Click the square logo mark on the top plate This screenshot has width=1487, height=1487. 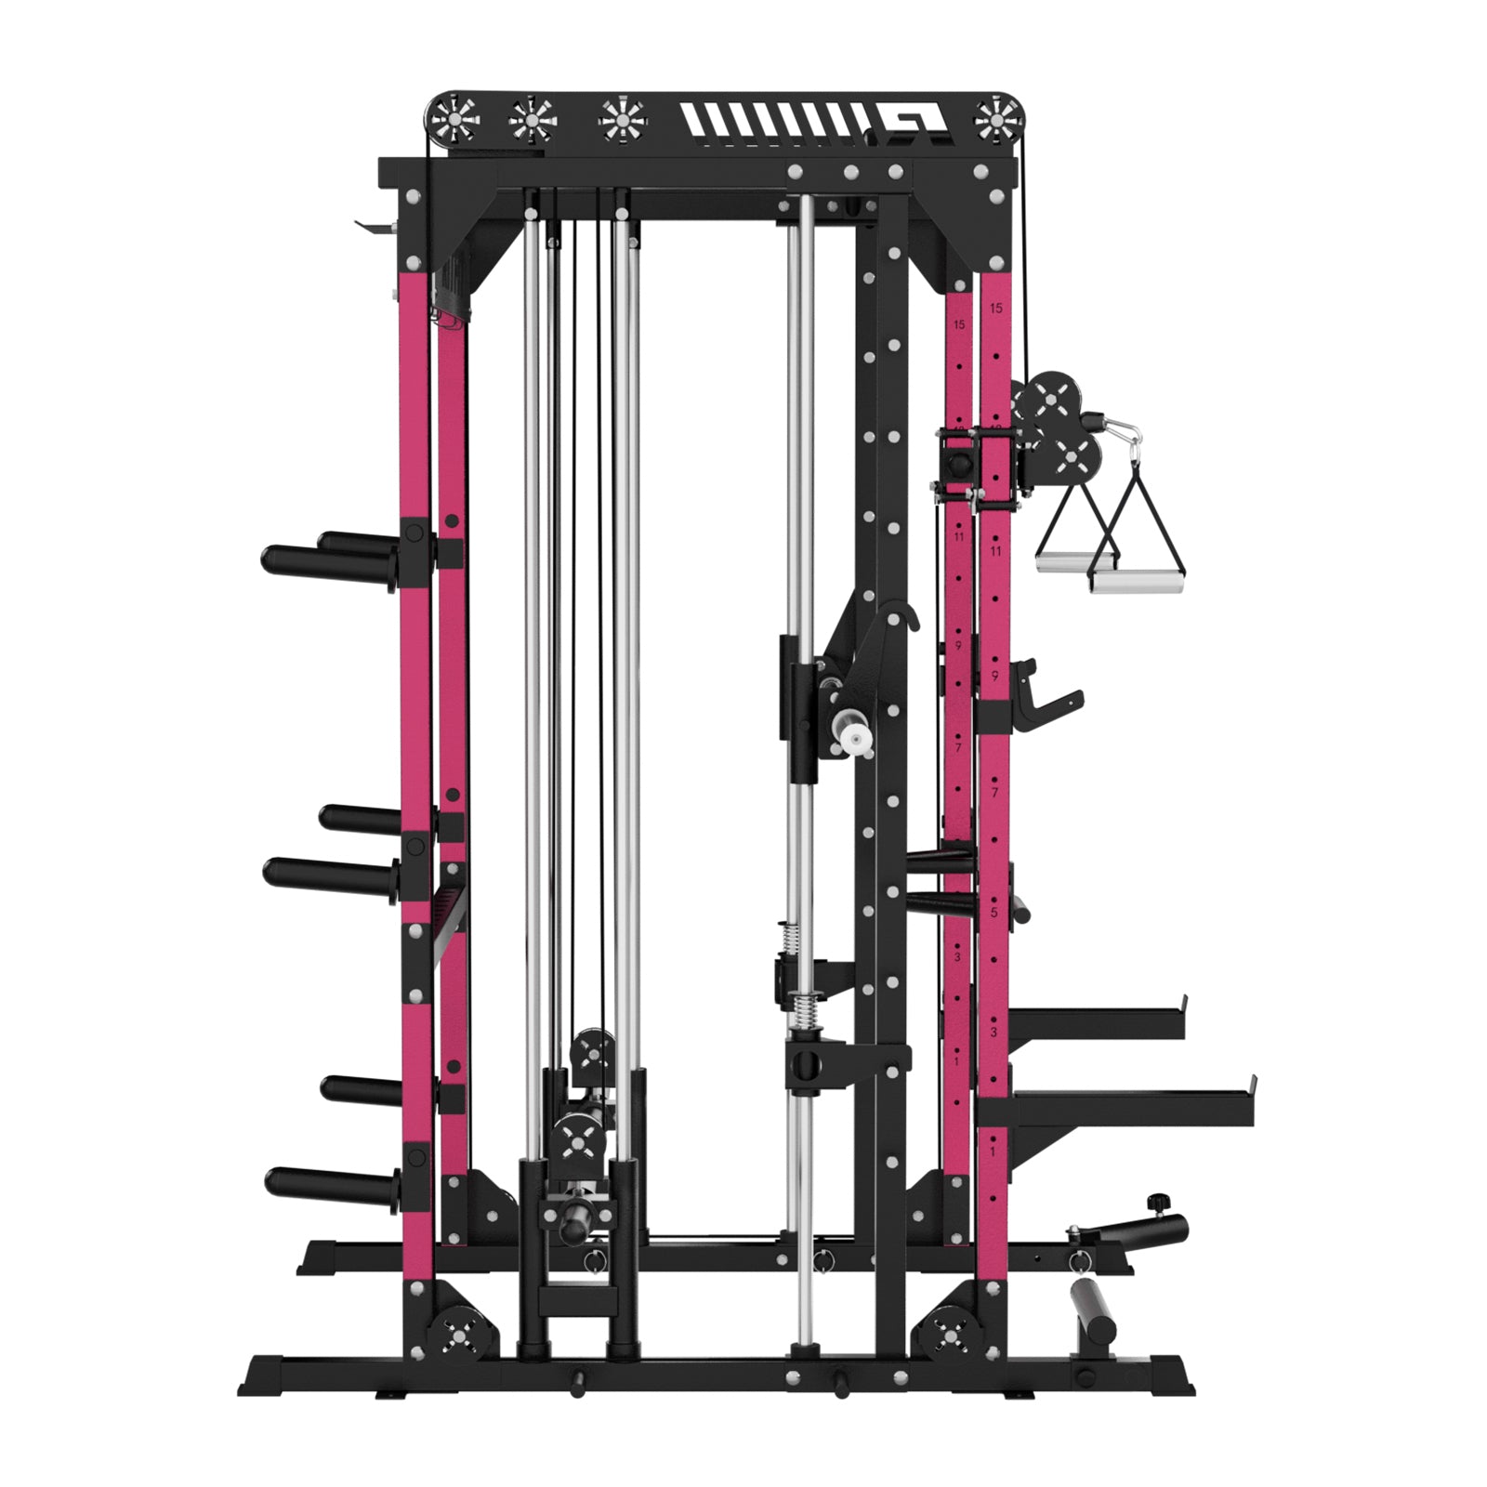coord(915,119)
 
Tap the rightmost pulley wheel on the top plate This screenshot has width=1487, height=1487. coord(997,119)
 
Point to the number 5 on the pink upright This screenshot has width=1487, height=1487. coord(994,914)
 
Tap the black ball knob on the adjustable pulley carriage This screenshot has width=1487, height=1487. coord(957,459)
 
